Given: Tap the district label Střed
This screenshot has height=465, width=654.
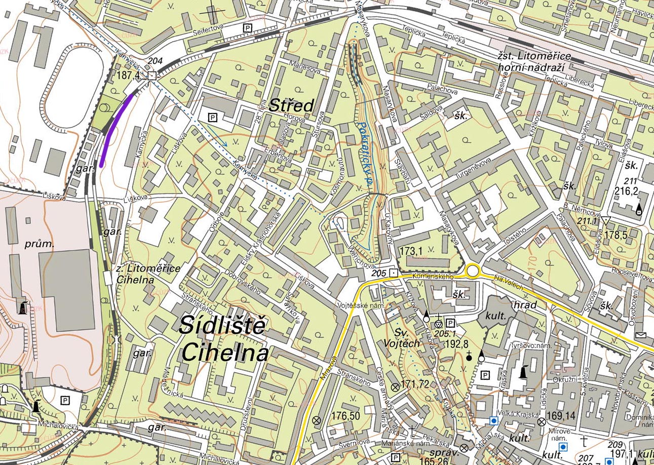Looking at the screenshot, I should (291, 105).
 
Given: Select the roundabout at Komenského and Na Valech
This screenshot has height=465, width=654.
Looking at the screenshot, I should (473, 271).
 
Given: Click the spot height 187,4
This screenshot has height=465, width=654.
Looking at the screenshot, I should (128, 75).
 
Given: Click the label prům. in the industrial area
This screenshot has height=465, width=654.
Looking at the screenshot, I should (39, 244).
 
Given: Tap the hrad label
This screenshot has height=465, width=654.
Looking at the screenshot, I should (525, 305).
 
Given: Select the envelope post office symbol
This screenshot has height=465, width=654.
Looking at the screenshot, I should (640, 335).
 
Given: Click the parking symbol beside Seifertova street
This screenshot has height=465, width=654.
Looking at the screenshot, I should (248, 28).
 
